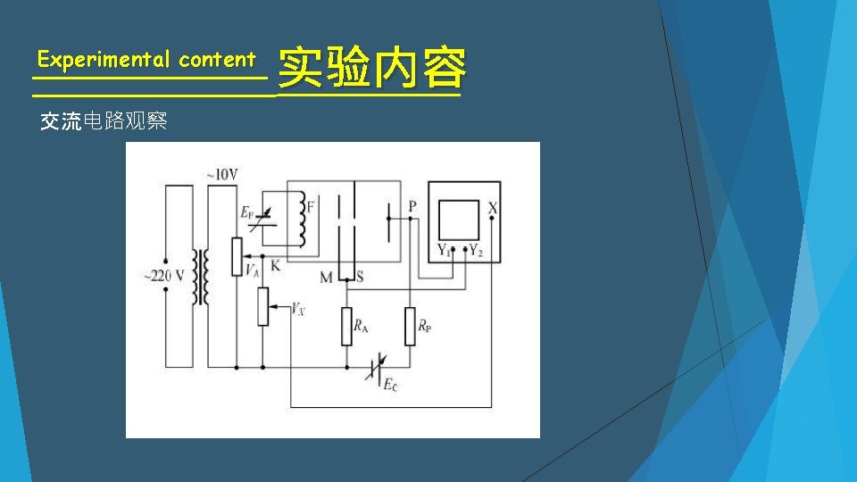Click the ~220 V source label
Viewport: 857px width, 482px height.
(163, 276)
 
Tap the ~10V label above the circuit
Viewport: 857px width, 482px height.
(222, 175)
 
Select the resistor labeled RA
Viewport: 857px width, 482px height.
(346, 327)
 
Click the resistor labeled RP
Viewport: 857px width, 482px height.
(410, 327)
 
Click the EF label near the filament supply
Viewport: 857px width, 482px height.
(247, 212)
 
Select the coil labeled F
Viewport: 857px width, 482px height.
(304, 220)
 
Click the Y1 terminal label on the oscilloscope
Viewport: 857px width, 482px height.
(443, 250)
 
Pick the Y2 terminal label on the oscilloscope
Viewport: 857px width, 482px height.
(476, 250)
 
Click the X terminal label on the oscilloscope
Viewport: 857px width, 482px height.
(493, 207)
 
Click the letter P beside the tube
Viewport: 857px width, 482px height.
(412, 206)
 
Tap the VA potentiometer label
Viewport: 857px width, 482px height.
(252, 270)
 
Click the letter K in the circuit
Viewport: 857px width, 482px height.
(275, 266)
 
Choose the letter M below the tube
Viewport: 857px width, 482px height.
(326, 278)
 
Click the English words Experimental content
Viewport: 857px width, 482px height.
(146, 60)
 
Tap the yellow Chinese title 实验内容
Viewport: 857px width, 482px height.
(371, 69)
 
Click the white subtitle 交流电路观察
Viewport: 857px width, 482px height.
(104, 122)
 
